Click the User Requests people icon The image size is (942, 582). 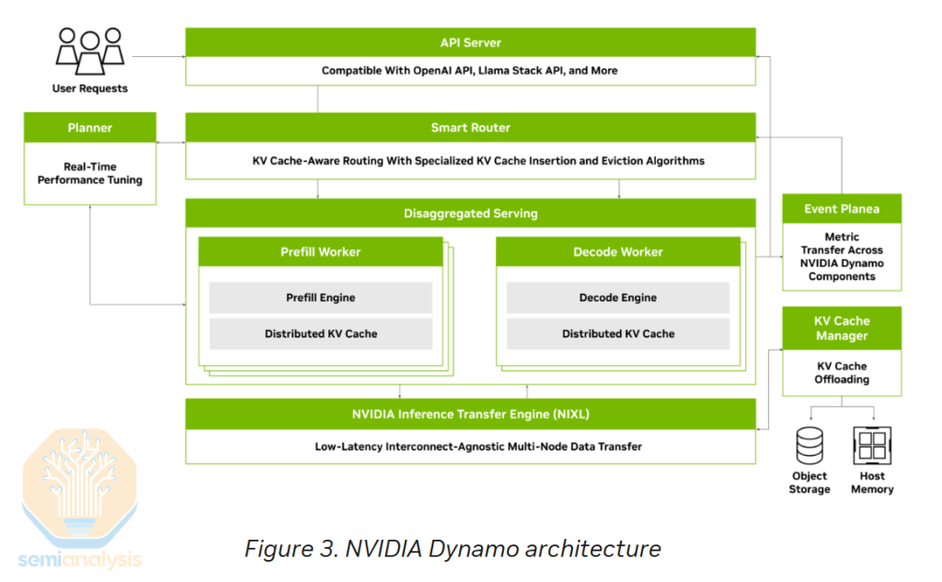point(90,51)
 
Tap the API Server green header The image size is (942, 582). point(470,42)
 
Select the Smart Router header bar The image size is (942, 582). point(470,128)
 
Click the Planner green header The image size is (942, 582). point(90,128)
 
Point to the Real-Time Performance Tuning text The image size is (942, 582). point(90,174)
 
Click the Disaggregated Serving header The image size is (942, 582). point(470,213)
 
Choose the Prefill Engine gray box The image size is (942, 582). point(320,298)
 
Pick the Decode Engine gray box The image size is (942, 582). point(617,298)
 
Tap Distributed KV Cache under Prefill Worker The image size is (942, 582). point(320,334)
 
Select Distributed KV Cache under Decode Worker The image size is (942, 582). point(617,334)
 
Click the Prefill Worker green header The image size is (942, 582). point(320,252)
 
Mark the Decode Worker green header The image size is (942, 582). point(617,252)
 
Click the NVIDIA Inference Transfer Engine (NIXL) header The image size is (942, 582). point(470,413)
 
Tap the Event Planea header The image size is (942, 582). point(841,209)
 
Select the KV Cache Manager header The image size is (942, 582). point(841,328)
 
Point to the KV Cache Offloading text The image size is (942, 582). point(841,372)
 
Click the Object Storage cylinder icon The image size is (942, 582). point(810,445)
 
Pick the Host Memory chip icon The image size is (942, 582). point(871,445)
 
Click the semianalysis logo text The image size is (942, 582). point(79,558)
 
